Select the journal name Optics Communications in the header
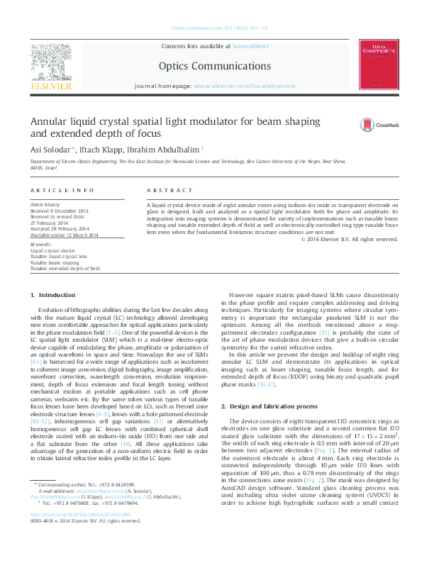point(211,65)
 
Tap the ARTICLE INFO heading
point(62,191)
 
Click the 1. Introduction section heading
point(53,294)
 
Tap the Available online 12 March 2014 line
point(64,235)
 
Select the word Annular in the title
point(50,121)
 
